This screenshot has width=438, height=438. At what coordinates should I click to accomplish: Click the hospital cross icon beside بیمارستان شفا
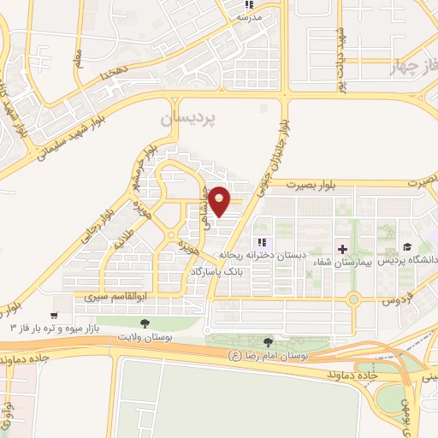pos(343,249)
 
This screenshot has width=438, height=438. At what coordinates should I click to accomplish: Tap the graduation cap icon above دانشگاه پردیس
pos(408,246)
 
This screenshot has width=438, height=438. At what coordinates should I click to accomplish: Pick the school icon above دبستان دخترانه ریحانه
pos(263,242)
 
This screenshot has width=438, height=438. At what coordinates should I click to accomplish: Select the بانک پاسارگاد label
pos(218,271)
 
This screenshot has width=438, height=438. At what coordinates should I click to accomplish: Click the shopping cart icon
pos(57,302)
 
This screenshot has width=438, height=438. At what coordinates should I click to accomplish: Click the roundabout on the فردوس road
pos(353,299)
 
